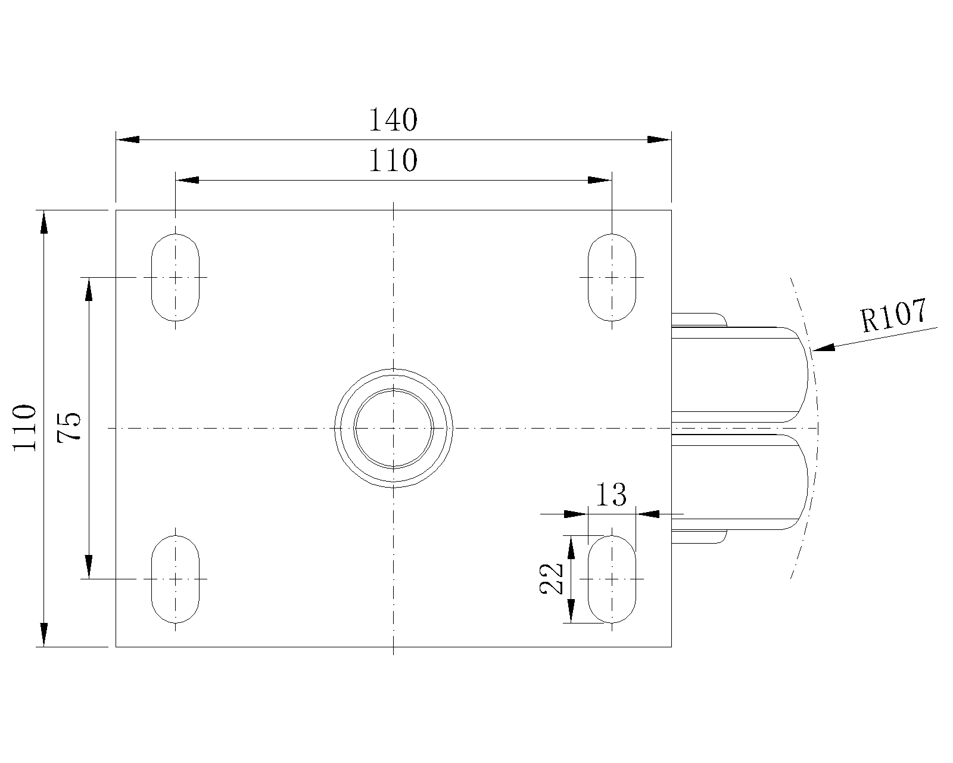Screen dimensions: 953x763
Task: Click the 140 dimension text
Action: (393, 120)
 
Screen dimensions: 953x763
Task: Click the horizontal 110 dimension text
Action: (393, 160)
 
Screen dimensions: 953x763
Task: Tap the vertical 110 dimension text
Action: (24, 428)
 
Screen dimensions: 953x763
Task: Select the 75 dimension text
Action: (69, 427)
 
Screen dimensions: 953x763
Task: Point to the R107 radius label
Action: (893, 315)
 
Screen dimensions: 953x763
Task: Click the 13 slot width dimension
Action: (611, 494)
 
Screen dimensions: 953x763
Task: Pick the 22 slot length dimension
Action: (551, 579)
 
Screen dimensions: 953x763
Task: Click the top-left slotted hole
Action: (175, 277)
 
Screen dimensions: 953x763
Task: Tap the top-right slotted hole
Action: (612, 277)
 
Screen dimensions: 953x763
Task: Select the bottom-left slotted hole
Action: (175, 579)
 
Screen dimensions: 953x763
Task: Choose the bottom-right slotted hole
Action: (612, 579)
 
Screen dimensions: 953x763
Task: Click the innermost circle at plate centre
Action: (393, 428)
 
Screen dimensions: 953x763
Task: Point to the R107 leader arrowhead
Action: (824, 347)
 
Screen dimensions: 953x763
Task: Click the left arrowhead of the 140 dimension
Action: (128, 139)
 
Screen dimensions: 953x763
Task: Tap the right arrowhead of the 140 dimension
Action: (659, 139)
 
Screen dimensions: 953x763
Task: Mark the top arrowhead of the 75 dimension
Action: (89, 290)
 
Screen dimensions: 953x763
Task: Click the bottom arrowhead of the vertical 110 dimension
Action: (43, 635)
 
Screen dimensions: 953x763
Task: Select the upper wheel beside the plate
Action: (740, 374)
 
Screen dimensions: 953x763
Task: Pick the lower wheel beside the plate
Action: (740, 482)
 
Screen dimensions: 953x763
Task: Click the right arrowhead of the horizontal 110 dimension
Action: (600, 180)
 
